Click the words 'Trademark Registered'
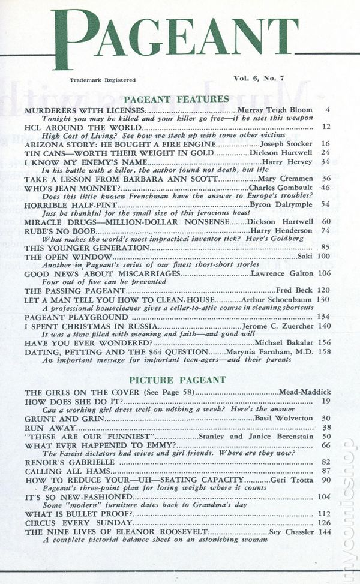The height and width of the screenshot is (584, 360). [102, 80]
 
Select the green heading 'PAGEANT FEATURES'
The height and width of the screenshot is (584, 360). [175, 98]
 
